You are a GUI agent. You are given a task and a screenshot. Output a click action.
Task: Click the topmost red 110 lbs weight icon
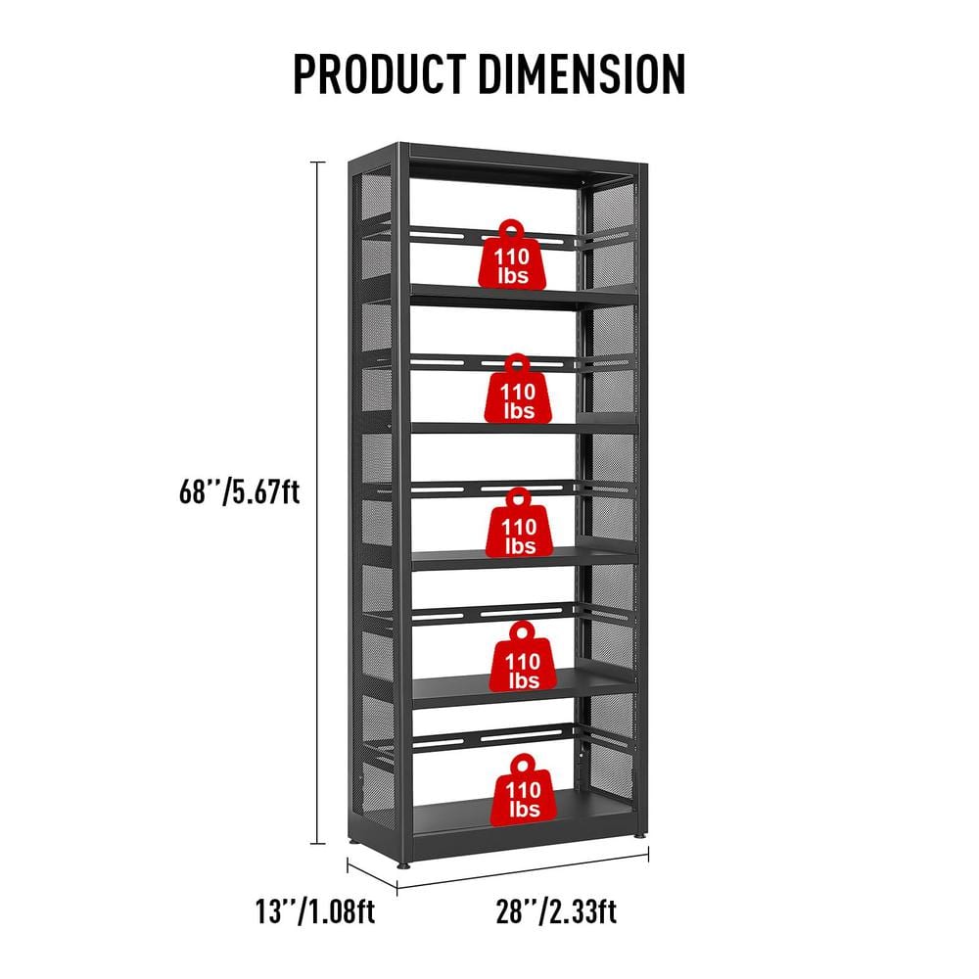[x=512, y=256]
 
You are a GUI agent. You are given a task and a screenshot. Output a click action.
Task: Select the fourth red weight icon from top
[x=522, y=658]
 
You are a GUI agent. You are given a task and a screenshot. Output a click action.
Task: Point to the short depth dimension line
[x=373, y=875]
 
